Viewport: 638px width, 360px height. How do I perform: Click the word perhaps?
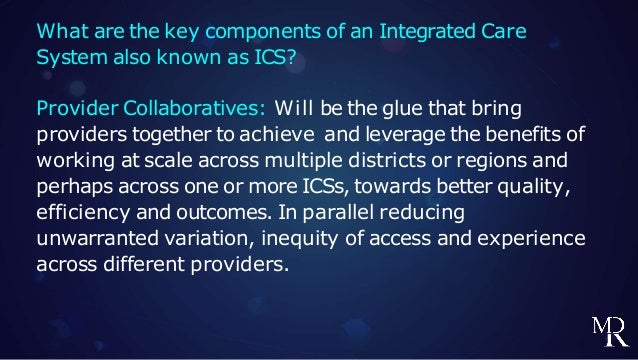pos(75,187)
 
